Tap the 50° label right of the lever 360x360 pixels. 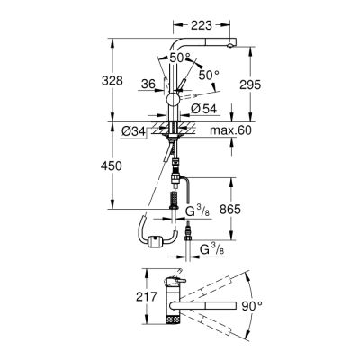209,76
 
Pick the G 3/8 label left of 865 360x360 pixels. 198,212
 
